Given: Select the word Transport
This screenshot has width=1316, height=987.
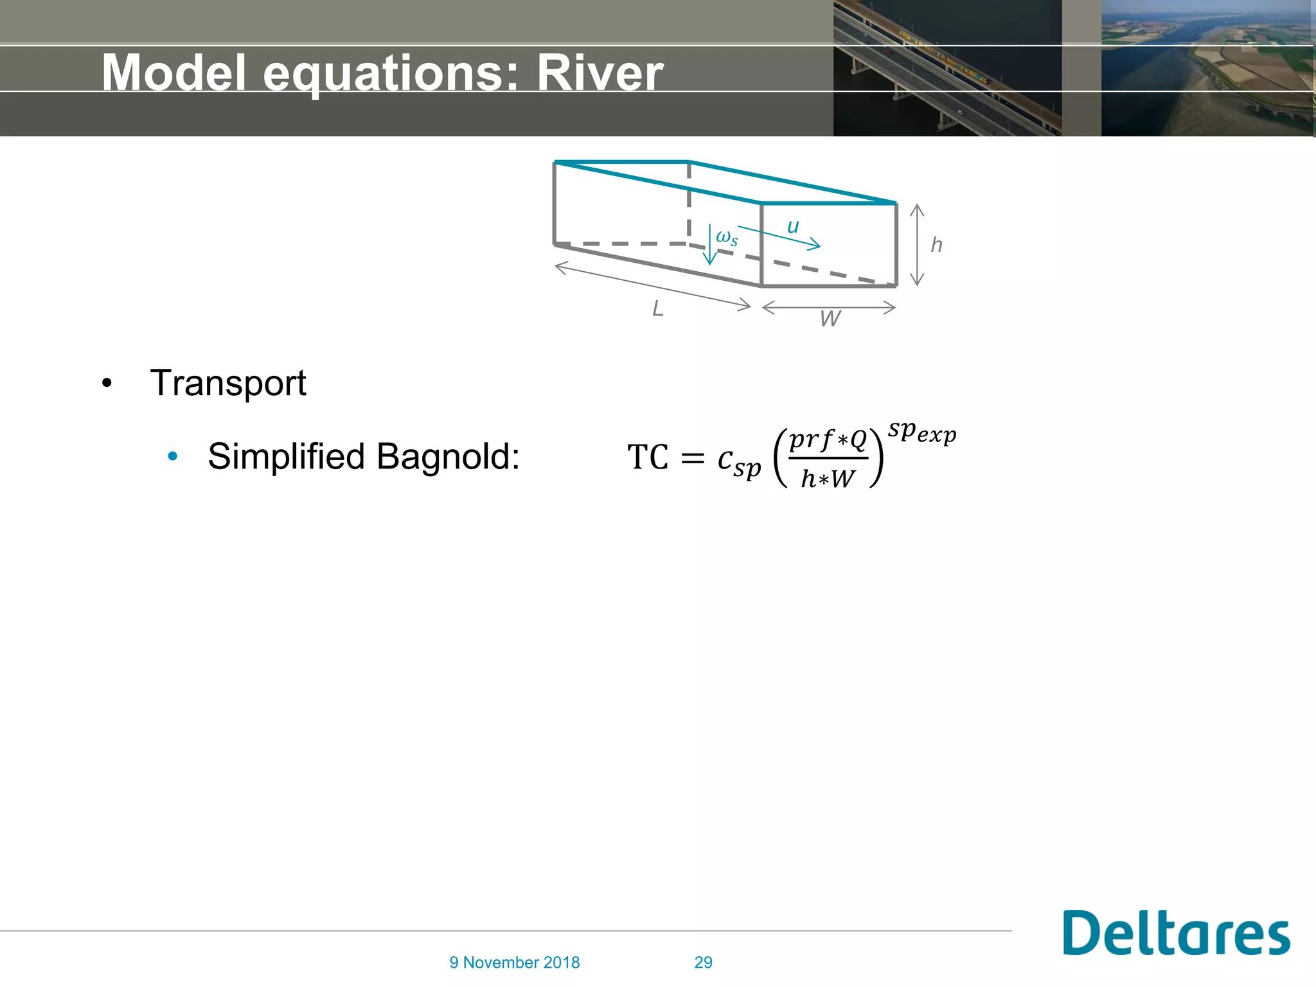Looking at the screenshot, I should click(228, 384).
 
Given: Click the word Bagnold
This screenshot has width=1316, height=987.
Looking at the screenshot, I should click(448, 457).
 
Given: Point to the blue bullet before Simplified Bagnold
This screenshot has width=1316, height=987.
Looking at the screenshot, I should click(172, 457).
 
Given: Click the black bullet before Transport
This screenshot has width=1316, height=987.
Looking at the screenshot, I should click(107, 384).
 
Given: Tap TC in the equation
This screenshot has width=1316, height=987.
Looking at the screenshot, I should click(648, 458).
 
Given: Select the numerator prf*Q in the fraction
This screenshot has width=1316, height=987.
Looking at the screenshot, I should click(828, 440).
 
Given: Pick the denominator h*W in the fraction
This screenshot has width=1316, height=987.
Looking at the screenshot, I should click(828, 479).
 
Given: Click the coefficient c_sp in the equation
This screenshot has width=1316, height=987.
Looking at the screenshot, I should click(739, 461).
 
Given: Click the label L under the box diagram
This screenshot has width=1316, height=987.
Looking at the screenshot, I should click(657, 309).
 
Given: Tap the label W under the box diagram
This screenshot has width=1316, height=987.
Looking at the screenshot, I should click(830, 319).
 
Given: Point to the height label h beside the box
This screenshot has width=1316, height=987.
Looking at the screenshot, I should click(936, 245).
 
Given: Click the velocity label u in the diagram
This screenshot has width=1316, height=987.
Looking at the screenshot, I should click(793, 226).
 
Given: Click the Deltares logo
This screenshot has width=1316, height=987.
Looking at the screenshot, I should click(1175, 934).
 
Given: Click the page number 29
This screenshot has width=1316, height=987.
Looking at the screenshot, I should click(703, 963).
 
